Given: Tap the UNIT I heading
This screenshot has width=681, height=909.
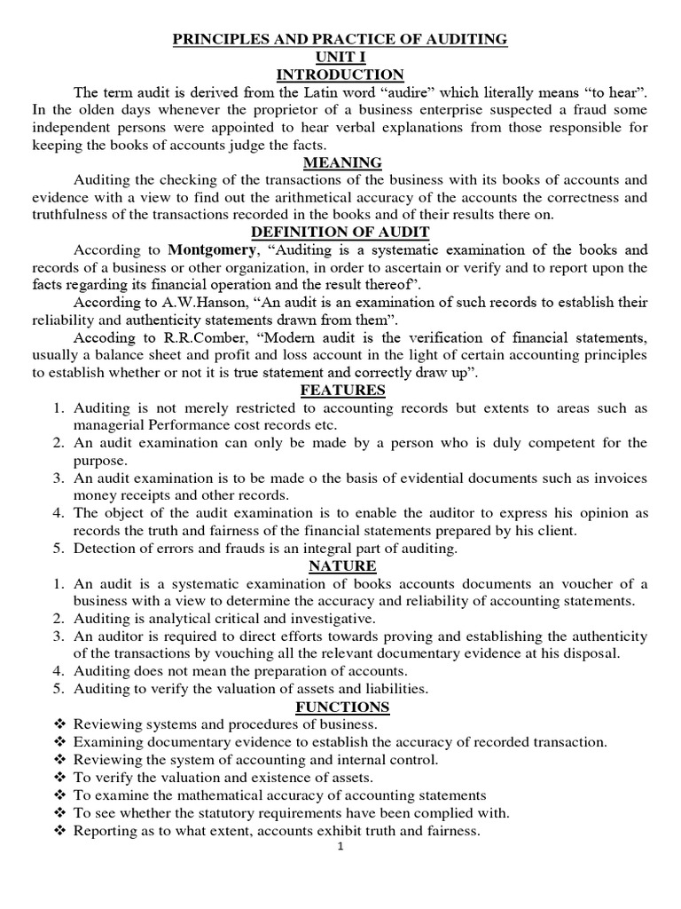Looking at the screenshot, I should [x=341, y=57].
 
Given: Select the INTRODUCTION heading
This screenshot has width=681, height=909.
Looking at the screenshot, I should [x=341, y=75].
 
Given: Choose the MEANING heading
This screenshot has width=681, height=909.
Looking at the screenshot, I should [x=341, y=162].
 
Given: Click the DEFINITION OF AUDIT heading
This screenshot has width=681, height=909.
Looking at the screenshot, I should [x=341, y=233].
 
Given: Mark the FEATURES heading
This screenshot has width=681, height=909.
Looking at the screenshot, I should [x=341, y=391].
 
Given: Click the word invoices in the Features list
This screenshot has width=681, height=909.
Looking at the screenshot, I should [x=621, y=478].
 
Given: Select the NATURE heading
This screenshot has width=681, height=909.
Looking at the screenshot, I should [x=341, y=566].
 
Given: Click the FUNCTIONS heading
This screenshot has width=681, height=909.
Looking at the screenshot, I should [x=341, y=707].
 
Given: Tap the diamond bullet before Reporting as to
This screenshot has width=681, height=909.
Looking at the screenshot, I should [x=59, y=831].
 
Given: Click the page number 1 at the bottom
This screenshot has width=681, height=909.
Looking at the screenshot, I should [x=340, y=847].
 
